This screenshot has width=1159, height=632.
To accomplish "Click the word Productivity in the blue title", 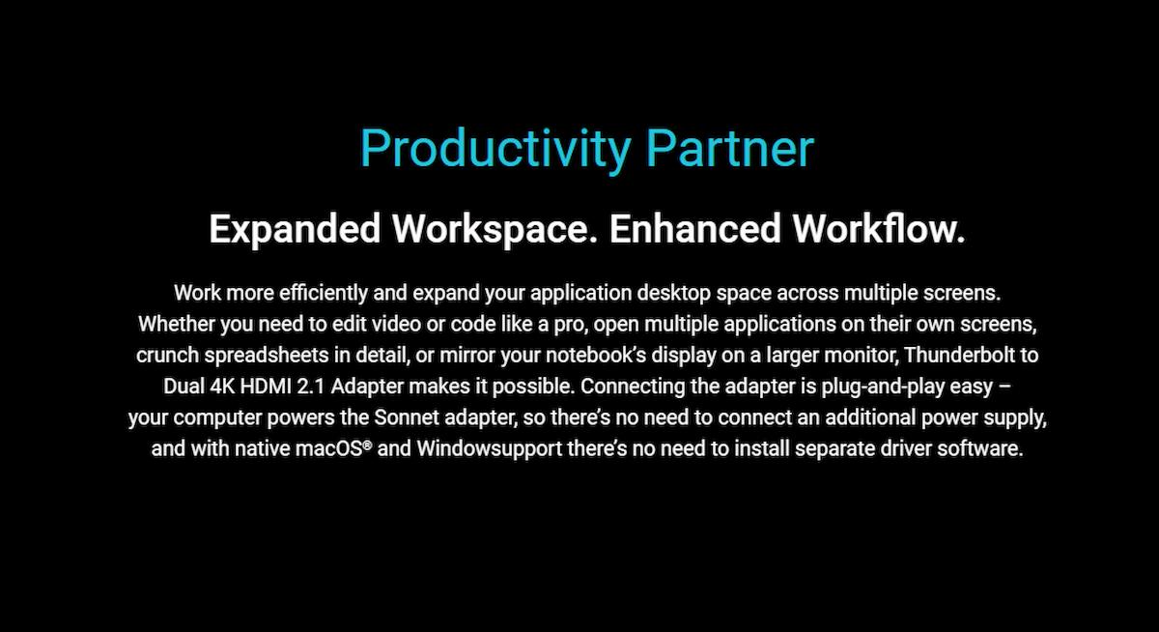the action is [495, 150].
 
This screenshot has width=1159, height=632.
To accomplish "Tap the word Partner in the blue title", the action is [730, 149].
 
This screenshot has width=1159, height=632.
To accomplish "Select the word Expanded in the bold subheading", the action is [295, 229].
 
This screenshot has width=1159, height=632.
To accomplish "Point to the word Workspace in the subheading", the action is [495, 229].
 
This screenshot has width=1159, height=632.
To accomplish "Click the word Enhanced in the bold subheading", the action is [694, 228].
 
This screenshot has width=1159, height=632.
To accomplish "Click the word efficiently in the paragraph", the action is [324, 294].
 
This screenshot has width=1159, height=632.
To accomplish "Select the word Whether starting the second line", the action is [177, 325].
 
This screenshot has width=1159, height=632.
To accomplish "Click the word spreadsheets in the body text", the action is [267, 356].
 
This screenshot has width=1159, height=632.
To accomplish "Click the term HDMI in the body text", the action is [266, 387].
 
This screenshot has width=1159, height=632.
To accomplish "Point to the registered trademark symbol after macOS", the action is [367, 445].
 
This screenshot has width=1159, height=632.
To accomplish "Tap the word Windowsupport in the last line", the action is [490, 448].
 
